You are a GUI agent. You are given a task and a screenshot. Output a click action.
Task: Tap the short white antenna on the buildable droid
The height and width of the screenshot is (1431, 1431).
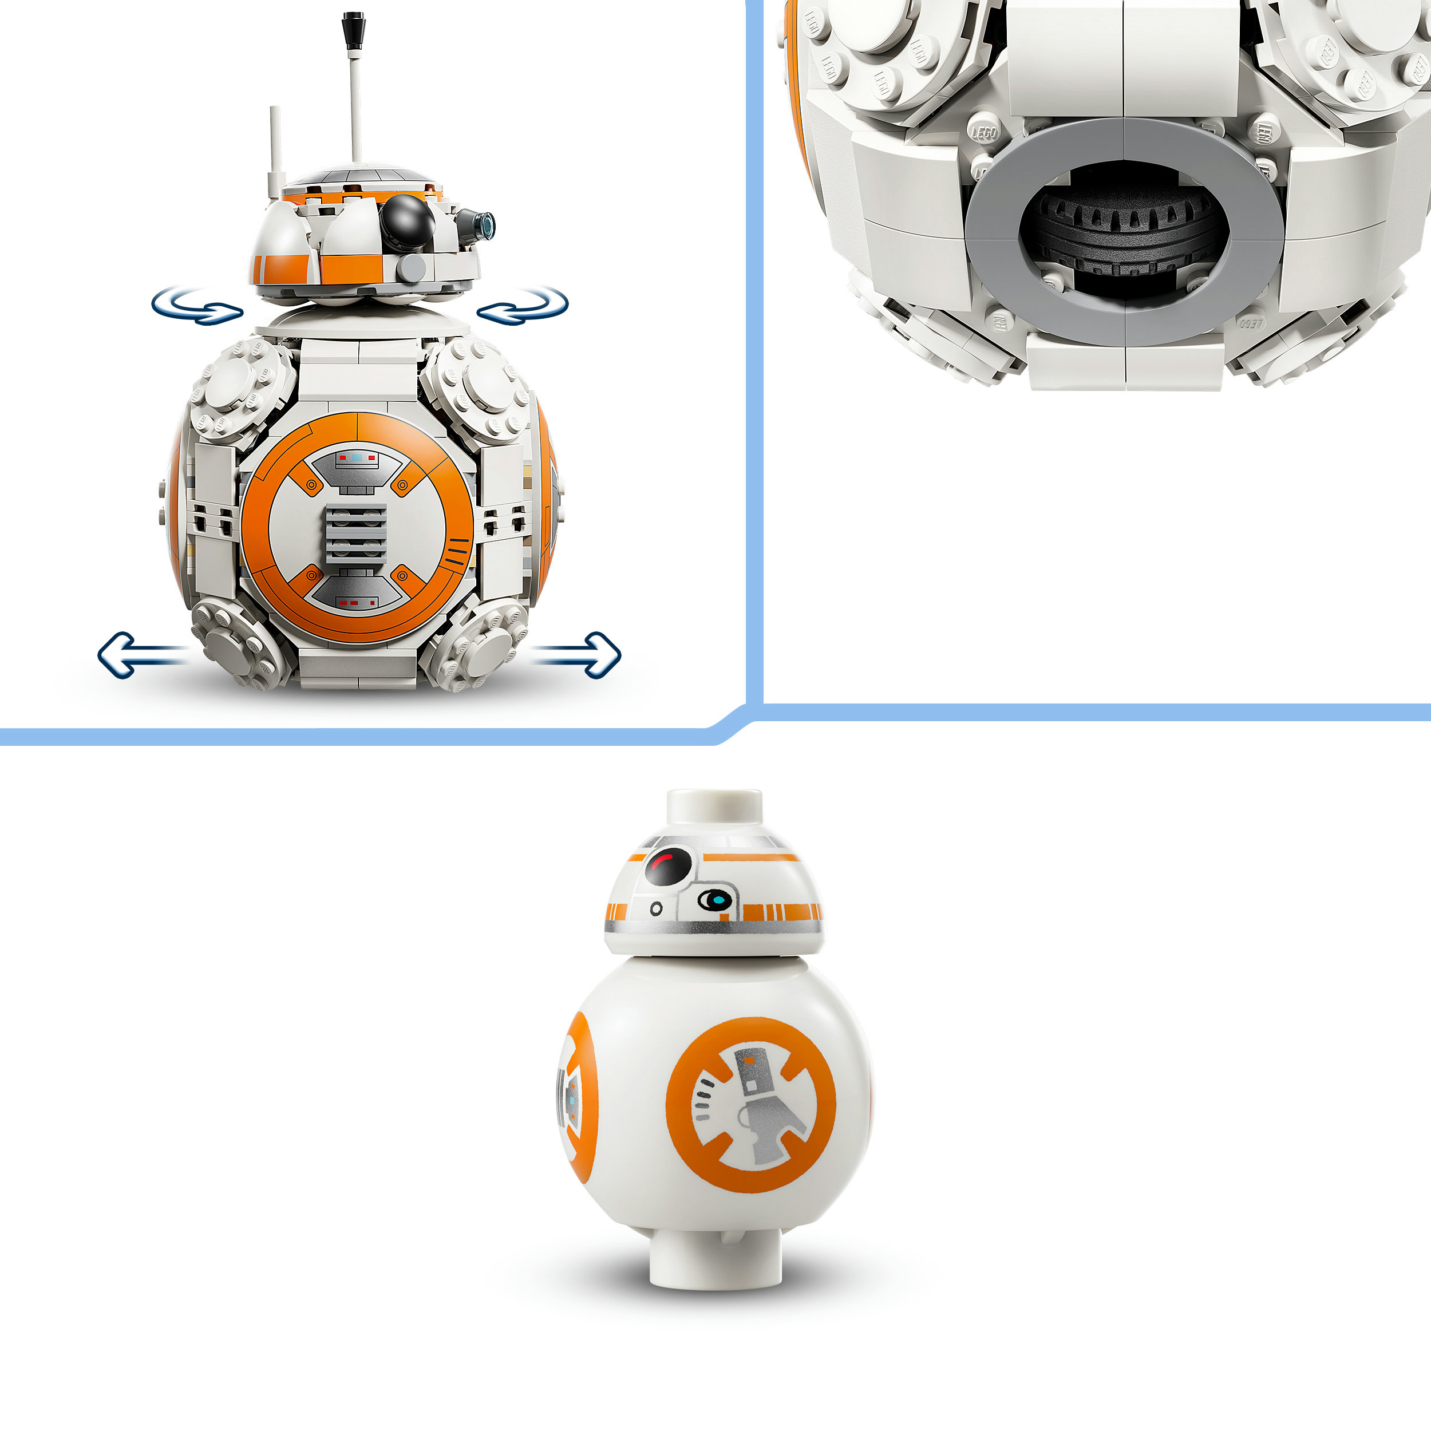point(275,148)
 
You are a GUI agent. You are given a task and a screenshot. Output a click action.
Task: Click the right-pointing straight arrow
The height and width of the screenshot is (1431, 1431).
point(582,654)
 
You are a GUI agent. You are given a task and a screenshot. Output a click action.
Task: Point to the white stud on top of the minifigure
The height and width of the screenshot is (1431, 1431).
point(714,807)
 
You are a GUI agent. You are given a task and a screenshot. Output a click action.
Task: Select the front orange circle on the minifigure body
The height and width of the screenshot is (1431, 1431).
point(750,1104)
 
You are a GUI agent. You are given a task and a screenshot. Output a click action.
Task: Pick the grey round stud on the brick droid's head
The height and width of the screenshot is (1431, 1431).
point(410,267)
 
